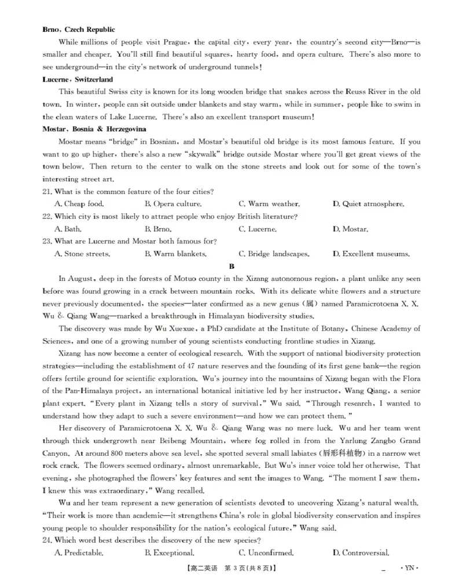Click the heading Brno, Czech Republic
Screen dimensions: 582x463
point(79,30)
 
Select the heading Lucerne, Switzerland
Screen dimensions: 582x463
point(78,79)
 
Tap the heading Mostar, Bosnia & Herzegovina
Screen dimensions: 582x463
point(94,129)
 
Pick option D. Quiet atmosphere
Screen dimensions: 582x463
point(368,204)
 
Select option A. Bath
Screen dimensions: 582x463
point(68,229)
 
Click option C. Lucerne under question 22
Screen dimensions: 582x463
point(257,229)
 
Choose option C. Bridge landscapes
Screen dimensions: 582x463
point(274,254)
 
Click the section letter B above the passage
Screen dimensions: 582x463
point(231,266)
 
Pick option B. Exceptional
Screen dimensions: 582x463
point(169,553)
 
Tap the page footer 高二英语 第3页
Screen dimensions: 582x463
point(231,569)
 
